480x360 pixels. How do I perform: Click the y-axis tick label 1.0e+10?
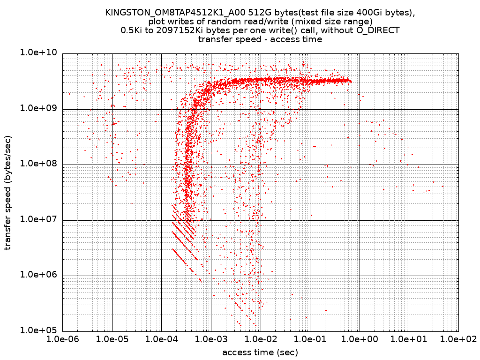coord(37,53)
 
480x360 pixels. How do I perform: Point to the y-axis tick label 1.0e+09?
coord(37,108)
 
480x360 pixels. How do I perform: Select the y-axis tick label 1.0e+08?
coord(37,164)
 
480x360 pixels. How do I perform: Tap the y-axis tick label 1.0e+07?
coord(37,219)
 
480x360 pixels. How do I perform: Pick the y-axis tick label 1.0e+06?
coord(37,275)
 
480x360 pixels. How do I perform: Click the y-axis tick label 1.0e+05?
coord(37,330)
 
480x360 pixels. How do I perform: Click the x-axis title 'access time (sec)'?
coord(260,352)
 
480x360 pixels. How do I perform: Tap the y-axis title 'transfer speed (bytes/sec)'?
coord(8,192)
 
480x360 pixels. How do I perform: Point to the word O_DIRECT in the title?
coord(380,30)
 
